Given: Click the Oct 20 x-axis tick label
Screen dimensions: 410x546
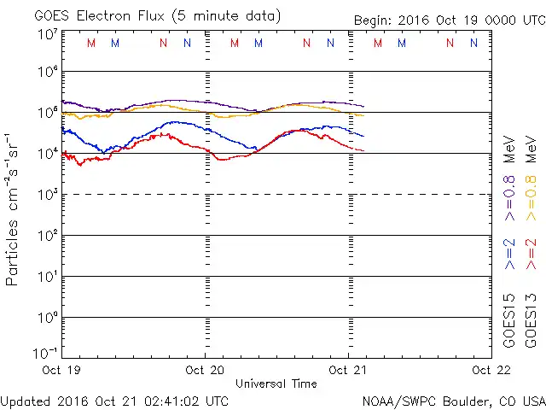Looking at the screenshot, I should coord(205,370).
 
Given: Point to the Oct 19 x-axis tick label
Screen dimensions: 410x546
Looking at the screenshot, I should coord(62,370).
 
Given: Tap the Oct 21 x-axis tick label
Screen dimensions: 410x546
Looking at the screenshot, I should coord(348,370).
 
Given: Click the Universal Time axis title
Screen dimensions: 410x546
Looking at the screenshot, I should coord(276,384).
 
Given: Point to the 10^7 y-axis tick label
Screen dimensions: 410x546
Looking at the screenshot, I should coord(47,34).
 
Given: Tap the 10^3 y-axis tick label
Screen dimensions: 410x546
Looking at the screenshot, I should coord(47,195).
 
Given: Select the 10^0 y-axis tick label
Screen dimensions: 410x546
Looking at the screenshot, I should coord(47,318).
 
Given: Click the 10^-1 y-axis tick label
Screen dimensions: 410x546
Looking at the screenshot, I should coord(46,352).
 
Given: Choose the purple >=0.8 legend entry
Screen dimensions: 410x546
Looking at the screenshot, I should coord(509,193).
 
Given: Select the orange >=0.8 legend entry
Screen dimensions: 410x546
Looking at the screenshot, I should coord(531,193).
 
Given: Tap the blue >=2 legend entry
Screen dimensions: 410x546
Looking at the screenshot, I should coord(509,255).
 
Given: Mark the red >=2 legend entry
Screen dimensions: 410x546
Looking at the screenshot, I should coord(531,255).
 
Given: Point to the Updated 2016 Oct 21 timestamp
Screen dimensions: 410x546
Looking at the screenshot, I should coord(114,400).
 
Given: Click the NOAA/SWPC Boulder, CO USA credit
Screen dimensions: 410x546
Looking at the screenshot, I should coord(453,400).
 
